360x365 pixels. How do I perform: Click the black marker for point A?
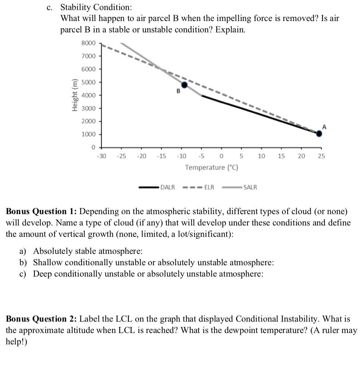click(x=319, y=133)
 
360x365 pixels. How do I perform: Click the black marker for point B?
click(x=184, y=85)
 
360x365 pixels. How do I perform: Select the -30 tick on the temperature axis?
click(x=101, y=156)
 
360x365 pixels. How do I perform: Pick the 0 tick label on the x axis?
click(x=222, y=156)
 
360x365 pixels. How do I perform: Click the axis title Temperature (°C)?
click(x=211, y=167)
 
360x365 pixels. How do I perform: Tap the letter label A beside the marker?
click(x=324, y=126)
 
